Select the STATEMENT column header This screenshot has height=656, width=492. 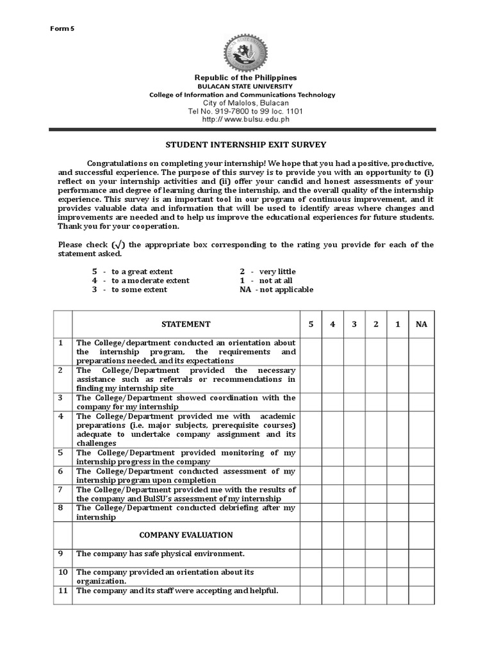pyautogui.click(x=186, y=324)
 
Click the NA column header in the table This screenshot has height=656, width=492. pyautogui.click(x=421, y=324)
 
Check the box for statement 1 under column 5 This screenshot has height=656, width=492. pyautogui.click(x=311, y=352)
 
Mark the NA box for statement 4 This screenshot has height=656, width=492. pyautogui.click(x=421, y=429)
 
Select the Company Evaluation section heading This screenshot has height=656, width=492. pyautogui.click(x=186, y=535)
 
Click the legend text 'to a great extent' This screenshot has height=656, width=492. pyautogui.click(x=142, y=272)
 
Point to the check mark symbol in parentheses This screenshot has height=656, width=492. pyautogui.click(x=118, y=245)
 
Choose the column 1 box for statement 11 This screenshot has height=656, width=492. pyautogui.click(x=398, y=594)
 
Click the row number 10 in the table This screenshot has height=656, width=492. pyautogui.click(x=63, y=572)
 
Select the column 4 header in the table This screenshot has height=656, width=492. pyautogui.click(x=332, y=324)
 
